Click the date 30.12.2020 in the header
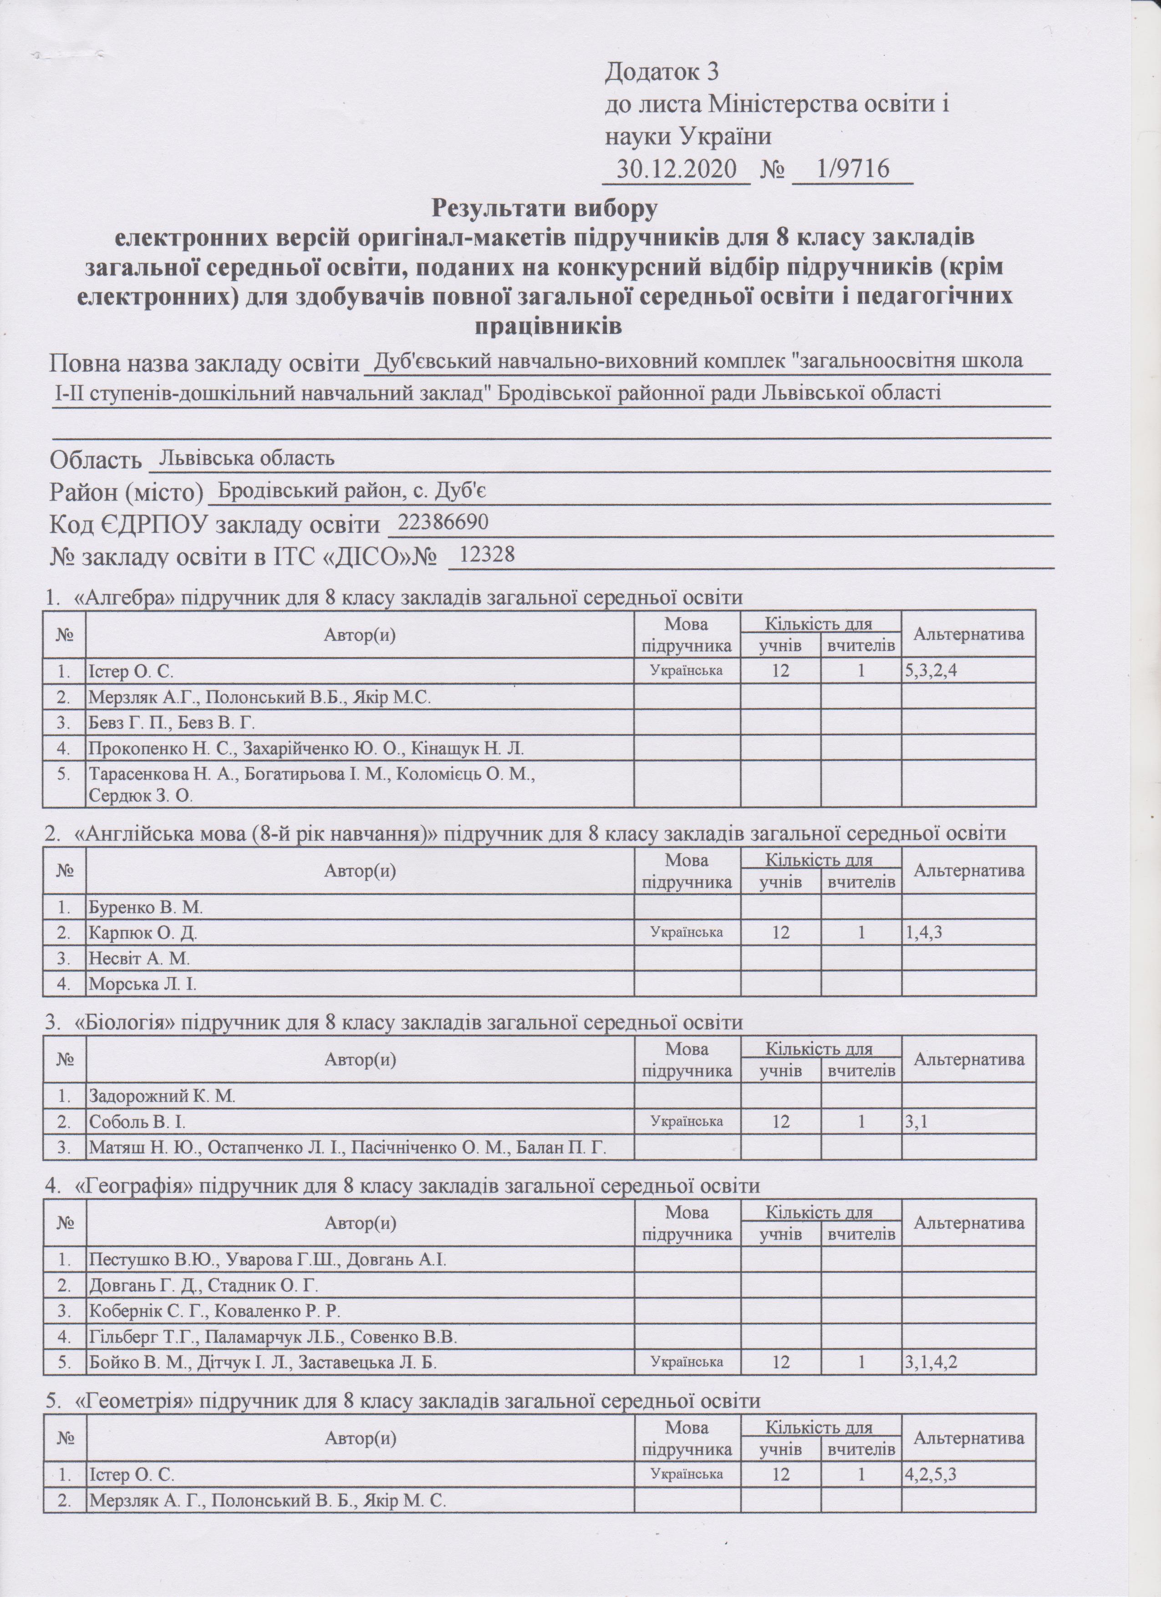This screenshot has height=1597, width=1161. [x=676, y=169]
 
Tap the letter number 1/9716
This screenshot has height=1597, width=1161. [x=851, y=169]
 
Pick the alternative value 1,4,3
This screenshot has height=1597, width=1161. [x=923, y=933]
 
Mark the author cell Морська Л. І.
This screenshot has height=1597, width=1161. [x=142, y=985]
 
